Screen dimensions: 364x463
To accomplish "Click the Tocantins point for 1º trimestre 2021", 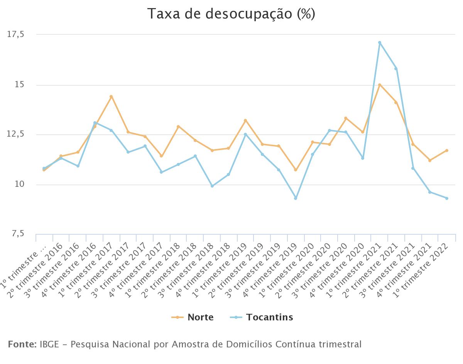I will pos(380,42).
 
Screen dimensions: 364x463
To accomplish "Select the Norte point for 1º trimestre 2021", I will pos(380,85).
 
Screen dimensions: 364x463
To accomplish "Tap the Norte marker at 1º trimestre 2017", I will pos(111,97).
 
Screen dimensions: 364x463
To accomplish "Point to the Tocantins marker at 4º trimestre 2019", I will pos(296,198).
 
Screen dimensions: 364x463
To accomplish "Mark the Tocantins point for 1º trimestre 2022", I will pos(447,198).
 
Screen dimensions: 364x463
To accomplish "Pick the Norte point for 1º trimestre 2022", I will pos(447,150).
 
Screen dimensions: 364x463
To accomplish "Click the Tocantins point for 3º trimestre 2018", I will pos(212,186).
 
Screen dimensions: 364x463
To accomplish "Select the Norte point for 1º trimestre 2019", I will pos(245,120).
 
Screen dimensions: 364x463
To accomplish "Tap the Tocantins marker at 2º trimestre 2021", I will pos(396,69).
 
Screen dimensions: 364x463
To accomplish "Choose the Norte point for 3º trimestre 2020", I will pos(346,118).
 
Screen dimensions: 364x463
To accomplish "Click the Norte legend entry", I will pos(193,317).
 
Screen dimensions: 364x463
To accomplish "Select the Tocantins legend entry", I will pos(262,317).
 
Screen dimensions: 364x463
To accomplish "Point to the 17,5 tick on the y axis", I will pos(16,34).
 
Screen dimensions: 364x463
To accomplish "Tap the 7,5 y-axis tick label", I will pos(16,234).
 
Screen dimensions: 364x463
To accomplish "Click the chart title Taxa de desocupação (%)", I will pos(231,14).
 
